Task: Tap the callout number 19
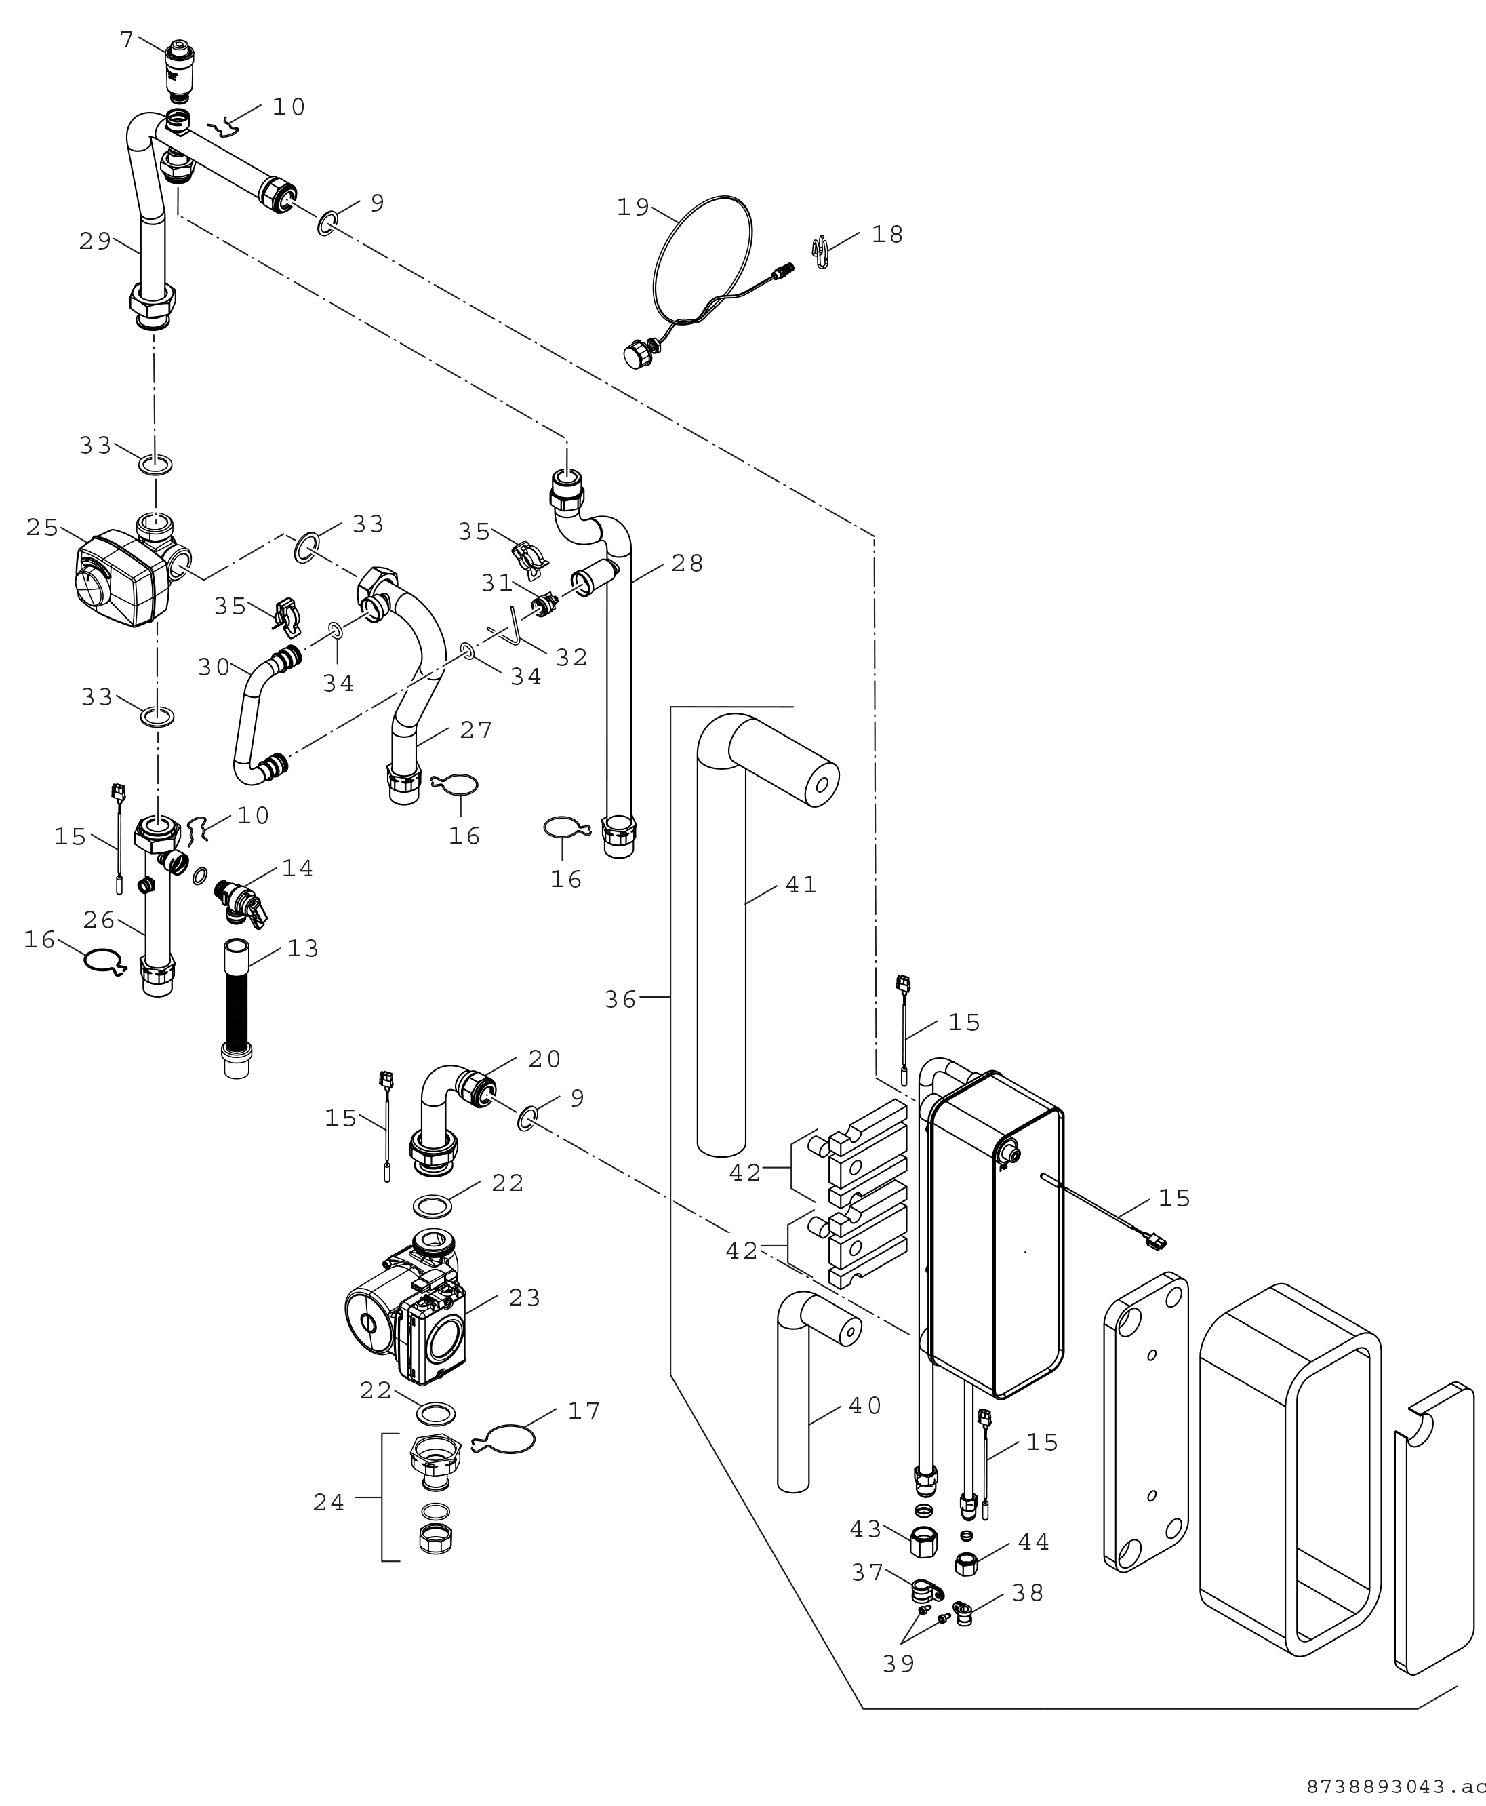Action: pyautogui.click(x=633, y=208)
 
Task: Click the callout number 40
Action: pyautogui.click(x=866, y=1405)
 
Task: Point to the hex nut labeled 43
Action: pyautogui.click(x=922, y=1542)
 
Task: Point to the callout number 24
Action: pyautogui.click(x=329, y=1503)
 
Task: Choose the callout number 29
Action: pyautogui.click(x=95, y=241)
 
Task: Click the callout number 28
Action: pyautogui.click(x=687, y=564)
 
